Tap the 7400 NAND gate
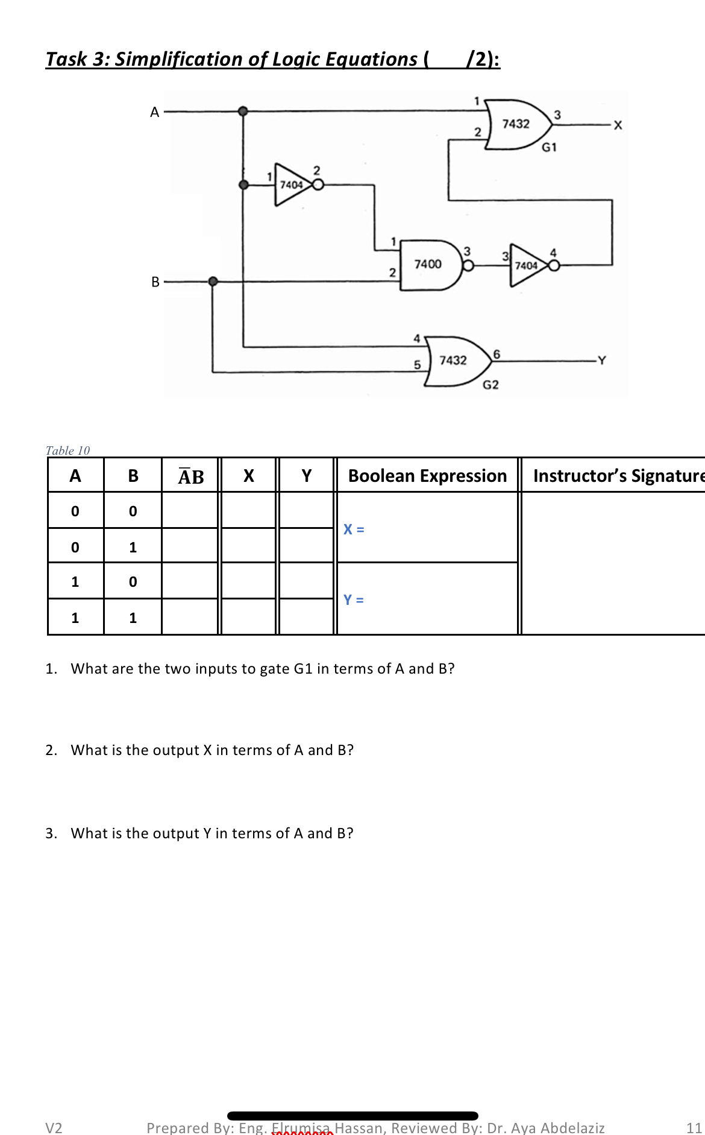click(x=429, y=265)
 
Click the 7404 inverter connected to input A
click(x=292, y=185)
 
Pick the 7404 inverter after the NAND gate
click(x=527, y=265)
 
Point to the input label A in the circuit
click(x=155, y=112)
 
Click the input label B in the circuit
click(x=155, y=282)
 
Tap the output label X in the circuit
click(x=618, y=125)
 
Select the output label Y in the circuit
click(x=601, y=361)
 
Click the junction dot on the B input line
click(x=213, y=281)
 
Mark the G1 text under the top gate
click(x=549, y=147)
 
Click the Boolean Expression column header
click(x=427, y=476)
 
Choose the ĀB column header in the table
click(x=191, y=476)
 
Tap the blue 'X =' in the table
click(x=354, y=530)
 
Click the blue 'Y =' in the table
click(x=354, y=600)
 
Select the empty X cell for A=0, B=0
click(x=249, y=511)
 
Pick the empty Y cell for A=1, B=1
click(x=306, y=617)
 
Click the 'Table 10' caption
click(x=67, y=451)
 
